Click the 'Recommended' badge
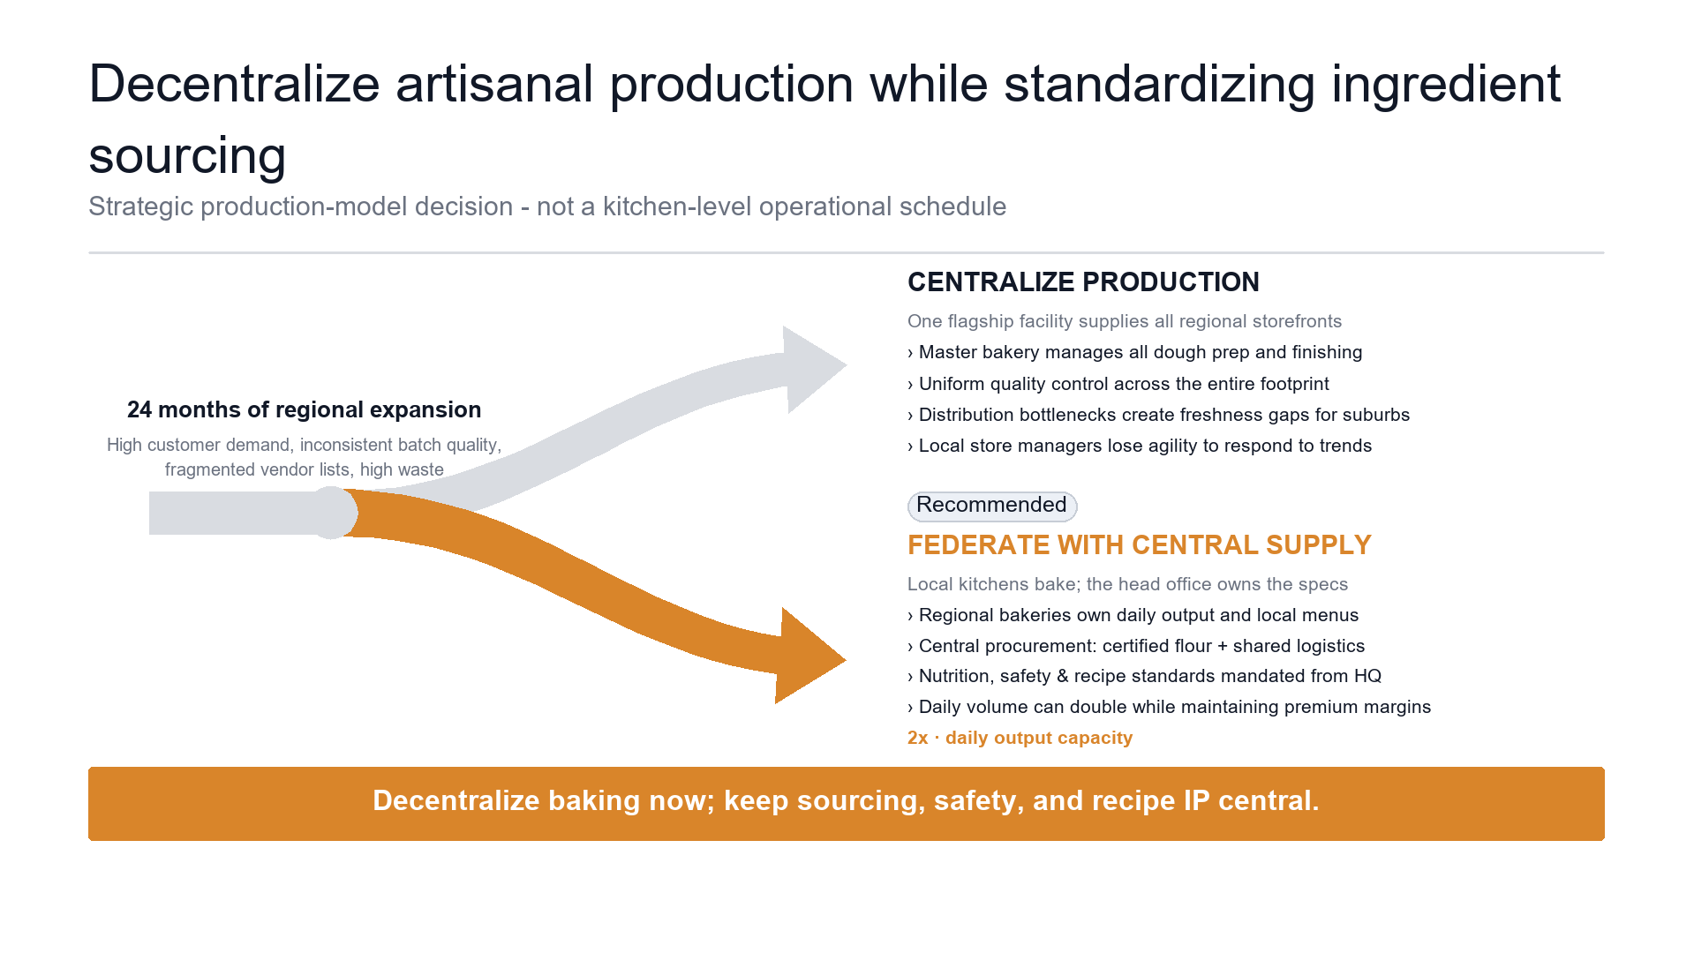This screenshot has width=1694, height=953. [x=991, y=506]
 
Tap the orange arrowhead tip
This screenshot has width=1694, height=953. [x=846, y=659]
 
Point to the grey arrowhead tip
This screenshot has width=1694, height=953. [x=847, y=365]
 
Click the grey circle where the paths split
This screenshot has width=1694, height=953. [x=331, y=513]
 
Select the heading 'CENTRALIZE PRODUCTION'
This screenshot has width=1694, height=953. [x=1083, y=282]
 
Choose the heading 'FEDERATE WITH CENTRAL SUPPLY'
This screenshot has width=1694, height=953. [x=1139, y=545]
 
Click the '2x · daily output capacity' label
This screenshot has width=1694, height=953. [x=1020, y=738]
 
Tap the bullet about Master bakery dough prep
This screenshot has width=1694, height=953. [x=1134, y=352]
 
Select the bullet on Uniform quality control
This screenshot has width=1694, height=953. [x=1118, y=384]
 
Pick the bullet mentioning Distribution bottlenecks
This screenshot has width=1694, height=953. [x=1158, y=415]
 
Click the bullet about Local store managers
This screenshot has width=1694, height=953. [x=1140, y=446]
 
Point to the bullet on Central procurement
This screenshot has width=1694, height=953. [x=1136, y=646]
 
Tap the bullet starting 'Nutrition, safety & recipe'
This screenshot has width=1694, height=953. [x=1144, y=676]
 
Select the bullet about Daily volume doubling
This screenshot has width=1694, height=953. [x=1169, y=707]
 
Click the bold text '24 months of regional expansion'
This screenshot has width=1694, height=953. [x=304, y=409]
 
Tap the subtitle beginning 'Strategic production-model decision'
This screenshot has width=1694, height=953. [x=547, y=206]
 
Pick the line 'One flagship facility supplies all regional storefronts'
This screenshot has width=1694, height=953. [x=1125, y=321]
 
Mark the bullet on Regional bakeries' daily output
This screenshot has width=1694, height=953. [x=1133, y=615]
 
